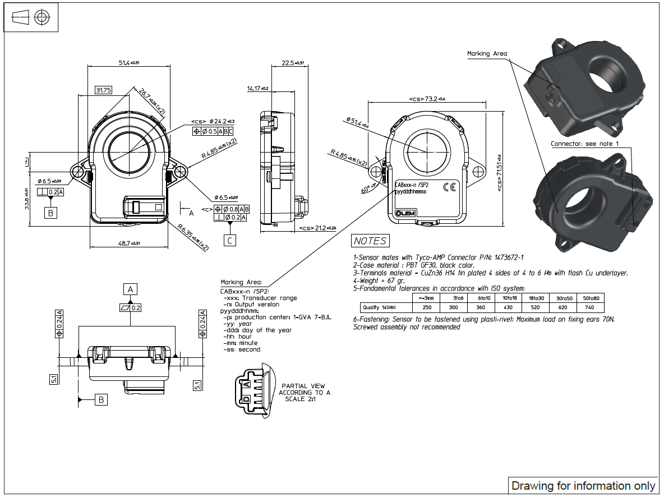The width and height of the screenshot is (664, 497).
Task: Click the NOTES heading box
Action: [370, 241]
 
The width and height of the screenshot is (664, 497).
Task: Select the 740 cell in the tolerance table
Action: [589, 307]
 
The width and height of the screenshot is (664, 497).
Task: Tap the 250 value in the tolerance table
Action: [427, 307]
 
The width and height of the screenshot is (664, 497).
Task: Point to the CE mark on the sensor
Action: [449, 187]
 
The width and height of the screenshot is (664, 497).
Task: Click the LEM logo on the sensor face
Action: [404, 214]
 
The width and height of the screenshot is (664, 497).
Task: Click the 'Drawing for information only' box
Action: [583, 486]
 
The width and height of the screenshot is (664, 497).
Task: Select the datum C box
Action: [230, 241]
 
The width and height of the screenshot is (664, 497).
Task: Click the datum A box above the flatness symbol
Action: [130, 289]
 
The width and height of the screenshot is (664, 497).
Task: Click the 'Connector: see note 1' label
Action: [584, 144]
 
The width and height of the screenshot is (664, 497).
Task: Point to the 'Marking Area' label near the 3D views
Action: [487, 54]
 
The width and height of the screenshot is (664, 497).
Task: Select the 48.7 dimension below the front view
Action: [128, 243]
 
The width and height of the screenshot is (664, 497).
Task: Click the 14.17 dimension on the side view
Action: [258, 89]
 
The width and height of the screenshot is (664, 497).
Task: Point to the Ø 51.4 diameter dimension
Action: [357, 123]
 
